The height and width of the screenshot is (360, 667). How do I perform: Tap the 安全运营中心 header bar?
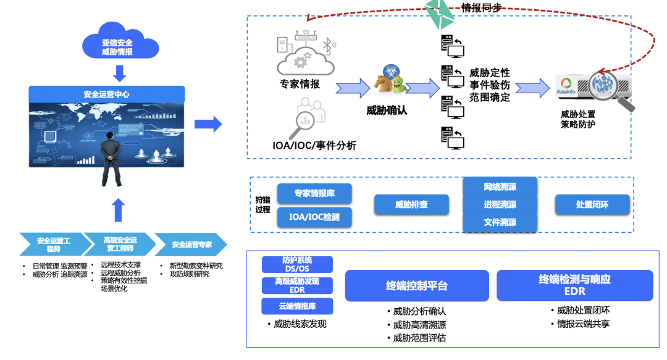click(x=107, y=94)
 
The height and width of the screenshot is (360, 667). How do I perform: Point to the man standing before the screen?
click(x=111, y=157)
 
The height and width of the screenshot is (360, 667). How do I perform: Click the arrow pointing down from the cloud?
click(x=120, y=73)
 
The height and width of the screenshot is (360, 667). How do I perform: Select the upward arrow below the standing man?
click(x=119, y=210)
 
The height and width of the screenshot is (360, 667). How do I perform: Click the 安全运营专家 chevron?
click(x=191, y=245)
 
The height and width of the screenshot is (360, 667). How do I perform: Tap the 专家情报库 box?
click(x=314, y=193)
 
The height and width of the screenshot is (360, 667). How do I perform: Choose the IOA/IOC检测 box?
click(x=314, y=217)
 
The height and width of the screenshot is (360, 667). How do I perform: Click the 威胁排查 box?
click(x=411, y=204)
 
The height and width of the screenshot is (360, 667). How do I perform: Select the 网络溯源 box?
click(x=500, y=186)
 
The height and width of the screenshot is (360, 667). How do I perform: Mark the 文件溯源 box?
click(x=500, y=222)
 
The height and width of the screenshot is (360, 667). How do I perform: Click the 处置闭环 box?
click(x=592, y=204)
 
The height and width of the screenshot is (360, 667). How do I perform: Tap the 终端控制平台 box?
click(x=416, y=286)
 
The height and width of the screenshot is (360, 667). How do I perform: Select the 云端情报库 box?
click(x=297, y=306)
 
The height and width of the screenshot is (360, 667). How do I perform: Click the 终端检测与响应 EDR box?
click(x=574, y=285)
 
